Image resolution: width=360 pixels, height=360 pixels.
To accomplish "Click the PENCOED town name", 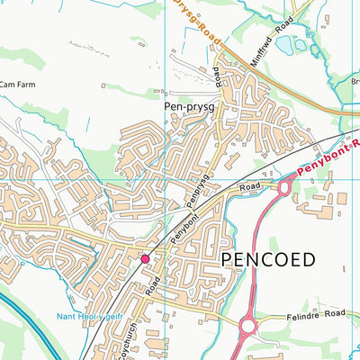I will [266, 260].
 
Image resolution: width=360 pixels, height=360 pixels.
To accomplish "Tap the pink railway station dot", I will [145, 259].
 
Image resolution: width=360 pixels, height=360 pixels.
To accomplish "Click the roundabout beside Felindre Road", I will [249, 325].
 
